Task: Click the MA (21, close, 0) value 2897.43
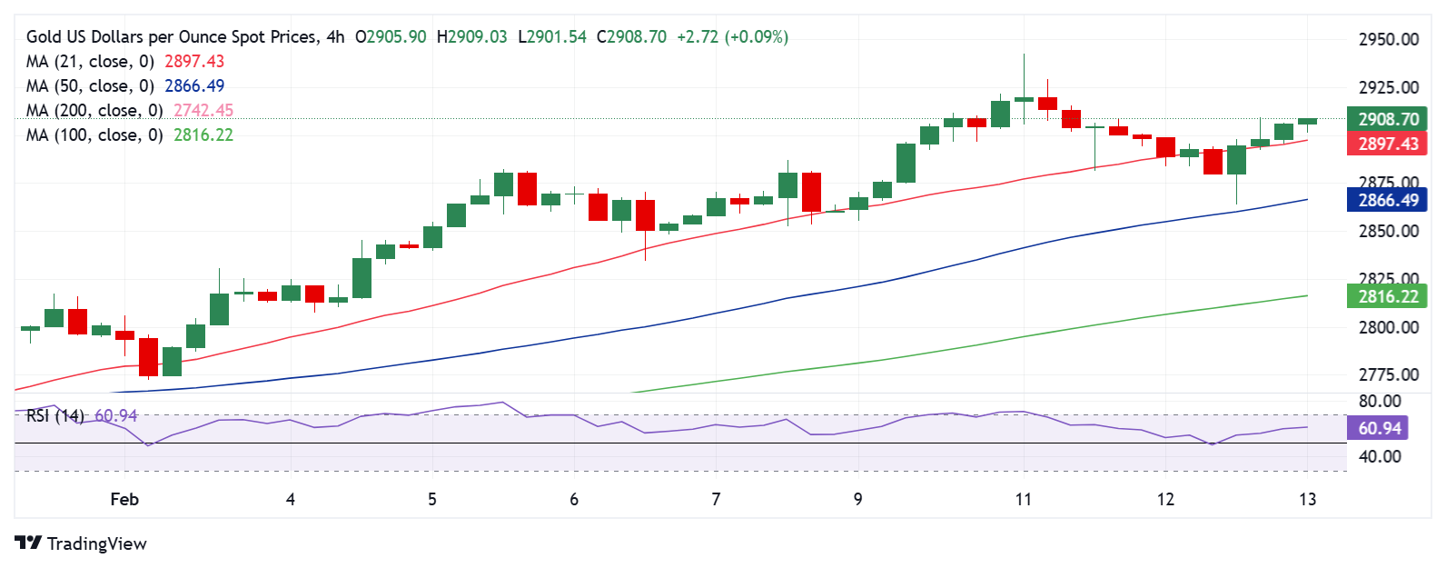193,62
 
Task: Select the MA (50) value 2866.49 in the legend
193,86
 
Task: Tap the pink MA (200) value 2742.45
203,111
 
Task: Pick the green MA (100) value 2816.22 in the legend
203,135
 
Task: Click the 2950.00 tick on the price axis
1388,40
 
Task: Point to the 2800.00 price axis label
1388,327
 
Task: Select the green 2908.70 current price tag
1388,119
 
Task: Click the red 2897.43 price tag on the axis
1388,144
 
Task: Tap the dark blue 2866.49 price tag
1388,201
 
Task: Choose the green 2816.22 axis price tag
1388,296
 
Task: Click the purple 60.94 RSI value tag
1380,428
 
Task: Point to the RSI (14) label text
54,416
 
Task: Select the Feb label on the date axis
124,499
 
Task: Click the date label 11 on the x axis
1024,499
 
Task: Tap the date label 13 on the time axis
1307,499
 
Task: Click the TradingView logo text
96,543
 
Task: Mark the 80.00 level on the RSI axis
1380,401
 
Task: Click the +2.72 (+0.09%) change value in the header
732,37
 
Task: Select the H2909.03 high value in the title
471,37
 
